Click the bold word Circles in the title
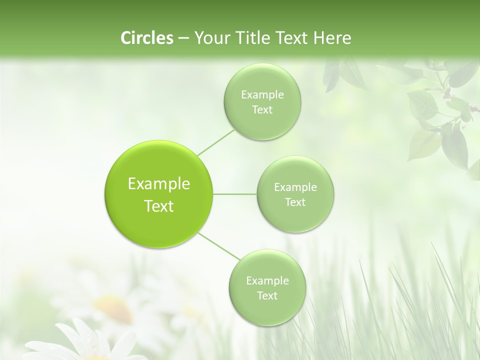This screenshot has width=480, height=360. [147, 38]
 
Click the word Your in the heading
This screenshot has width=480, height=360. [211, 38]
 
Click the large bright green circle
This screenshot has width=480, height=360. [159, 194]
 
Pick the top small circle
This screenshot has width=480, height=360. [262, 102]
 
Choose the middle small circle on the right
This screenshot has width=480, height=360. [295, 194]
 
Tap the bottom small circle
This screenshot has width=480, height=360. [267, 288]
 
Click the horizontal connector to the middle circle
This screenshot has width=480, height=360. [234, 194]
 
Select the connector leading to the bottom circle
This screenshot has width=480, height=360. [218, 246]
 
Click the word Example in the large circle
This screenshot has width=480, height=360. [159, 184]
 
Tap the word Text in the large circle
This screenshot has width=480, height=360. [159, 205]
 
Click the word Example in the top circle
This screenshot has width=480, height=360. [262, 94]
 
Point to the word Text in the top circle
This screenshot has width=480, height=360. [262, 109]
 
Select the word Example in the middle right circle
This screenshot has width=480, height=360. [295, 187]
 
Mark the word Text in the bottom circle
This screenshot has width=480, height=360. [267, 295]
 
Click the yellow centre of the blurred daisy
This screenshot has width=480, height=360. [113, 304]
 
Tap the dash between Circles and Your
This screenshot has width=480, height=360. [183, 38]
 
